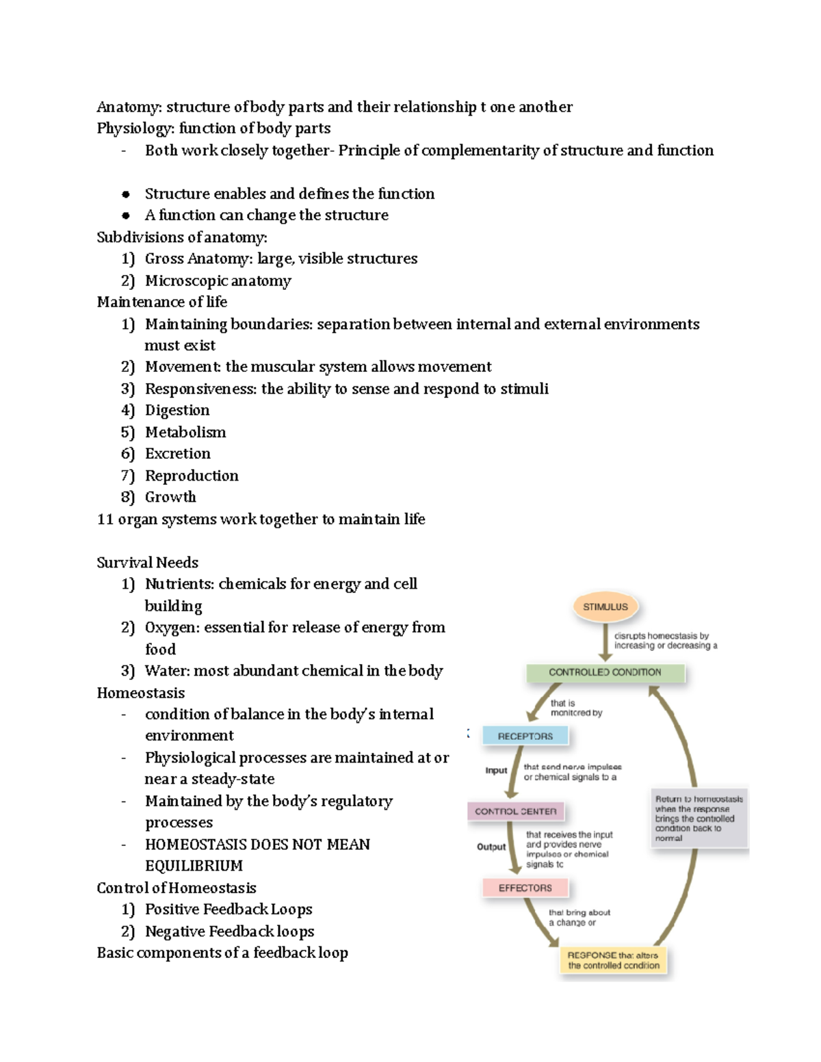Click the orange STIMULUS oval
605,607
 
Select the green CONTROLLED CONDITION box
605,672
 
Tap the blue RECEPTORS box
525,736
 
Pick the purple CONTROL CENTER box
516,811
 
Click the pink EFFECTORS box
525,888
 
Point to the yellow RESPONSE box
613,960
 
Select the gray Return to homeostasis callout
699,818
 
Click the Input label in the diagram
496,770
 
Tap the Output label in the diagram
491,847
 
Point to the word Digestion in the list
177,410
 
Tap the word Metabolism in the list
185,432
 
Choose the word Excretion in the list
177,453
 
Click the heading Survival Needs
147,562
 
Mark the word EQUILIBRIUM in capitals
194,866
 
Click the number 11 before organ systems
105,519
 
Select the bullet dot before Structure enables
126,194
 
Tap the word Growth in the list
170,497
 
